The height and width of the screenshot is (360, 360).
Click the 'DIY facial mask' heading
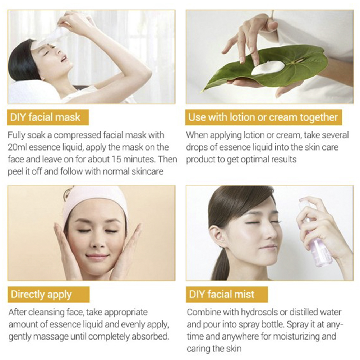pos(45,117)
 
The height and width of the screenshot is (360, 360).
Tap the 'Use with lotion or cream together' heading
pos(263,117)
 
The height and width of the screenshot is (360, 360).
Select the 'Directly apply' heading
pos(41,295)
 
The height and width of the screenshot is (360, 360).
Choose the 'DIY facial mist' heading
pos(222,294)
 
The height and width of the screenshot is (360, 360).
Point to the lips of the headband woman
pos(97,256)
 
